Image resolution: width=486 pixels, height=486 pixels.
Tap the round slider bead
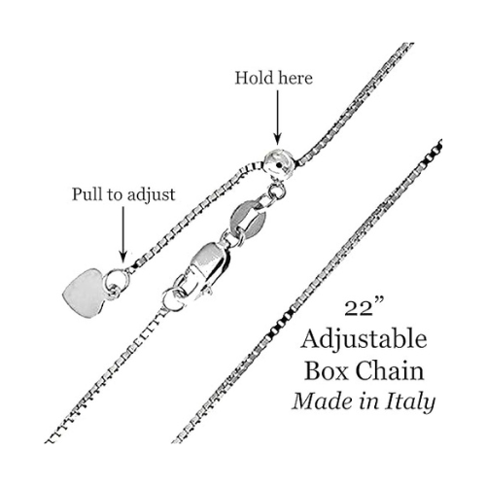[x=279, y=164]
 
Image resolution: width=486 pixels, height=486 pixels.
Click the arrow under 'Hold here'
[x=277, y=117]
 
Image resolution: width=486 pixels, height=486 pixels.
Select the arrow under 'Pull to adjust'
[x=122, y=234]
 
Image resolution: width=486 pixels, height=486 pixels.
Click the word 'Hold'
[x=249, y=78]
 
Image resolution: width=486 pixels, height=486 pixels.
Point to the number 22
[x=359, y=309]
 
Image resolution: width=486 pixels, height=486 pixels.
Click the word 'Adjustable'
[x=364, y=340]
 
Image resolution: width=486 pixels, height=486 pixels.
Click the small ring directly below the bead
[x=277, y=191]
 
